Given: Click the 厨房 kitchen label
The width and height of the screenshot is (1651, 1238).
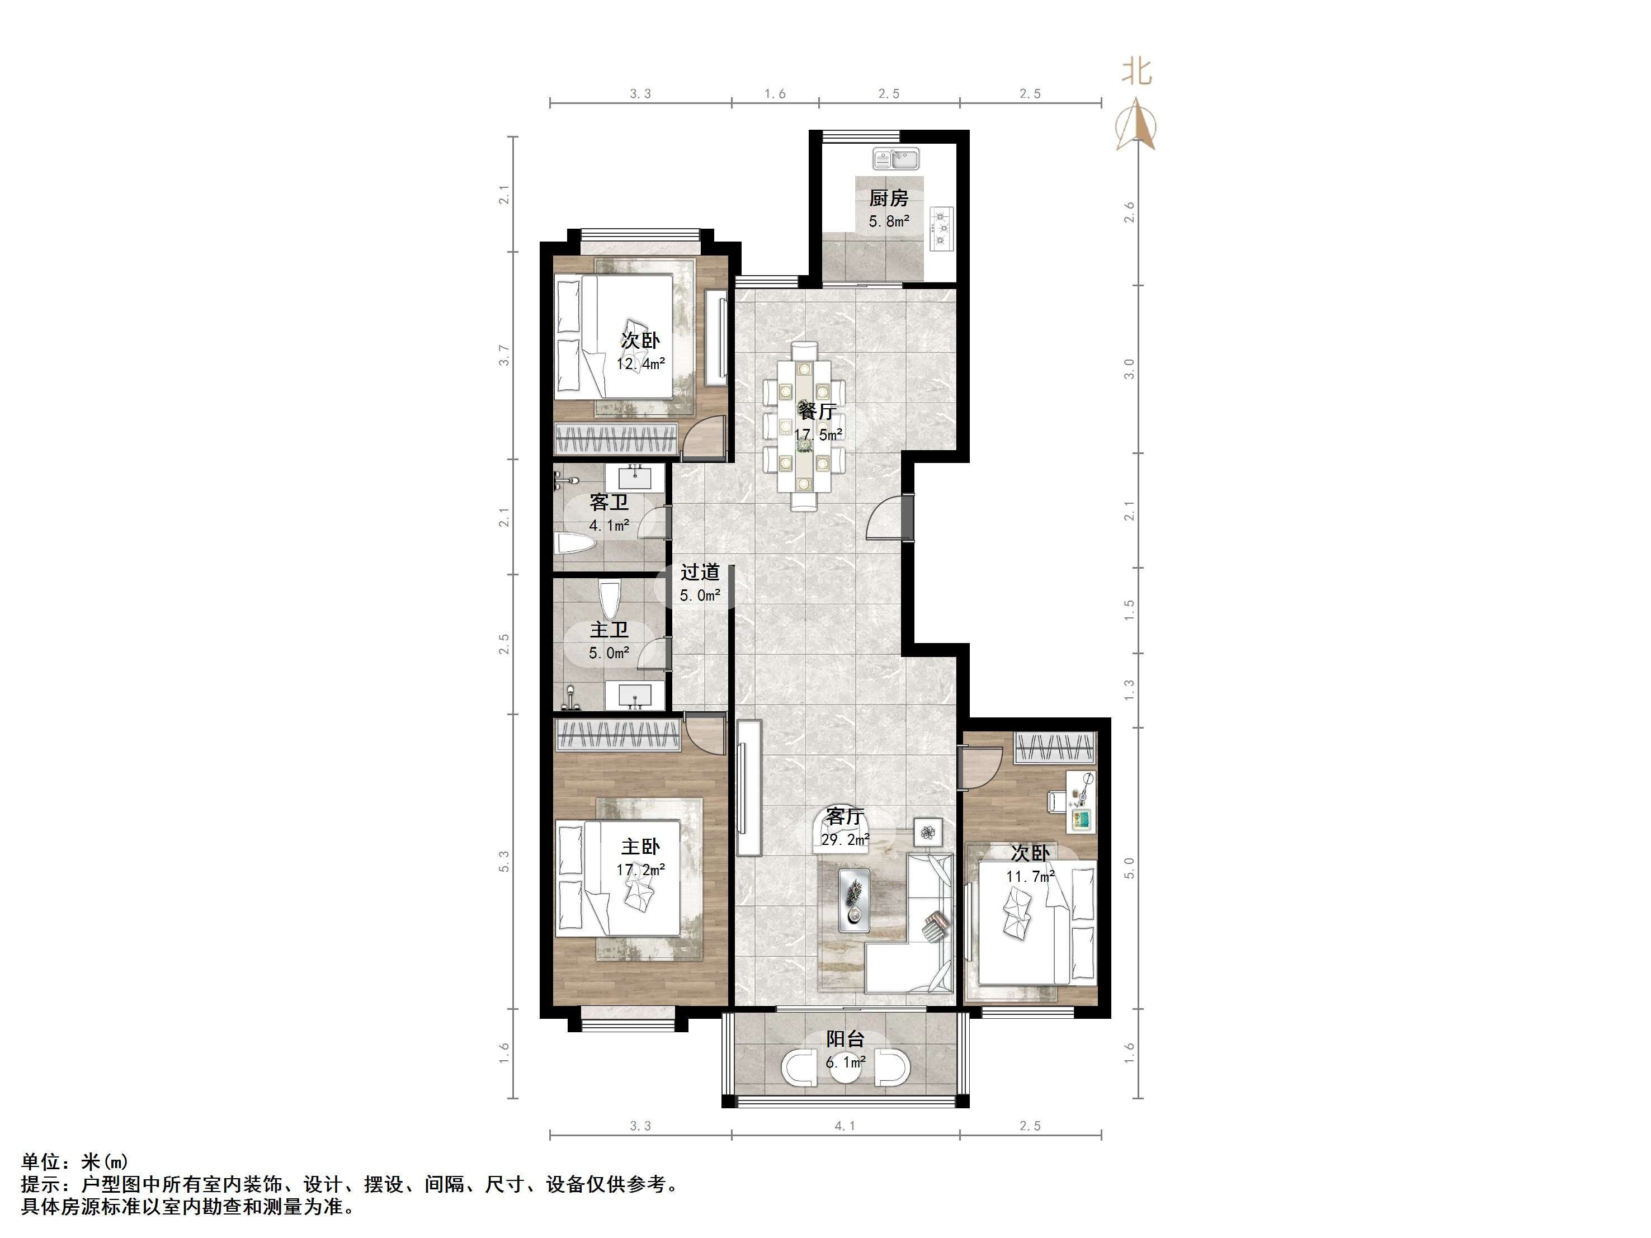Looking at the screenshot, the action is tap(888, 198).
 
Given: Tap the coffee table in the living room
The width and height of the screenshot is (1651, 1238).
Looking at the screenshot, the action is tap(855, 900).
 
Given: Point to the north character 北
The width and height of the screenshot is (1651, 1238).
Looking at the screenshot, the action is tap(1138, 72).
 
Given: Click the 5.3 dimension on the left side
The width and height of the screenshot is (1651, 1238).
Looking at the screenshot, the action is tap(504, 861).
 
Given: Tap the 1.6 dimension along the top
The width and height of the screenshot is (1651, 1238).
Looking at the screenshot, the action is tap(775, 94).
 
